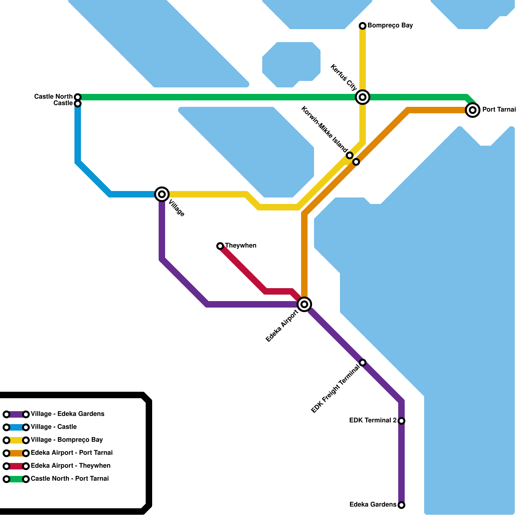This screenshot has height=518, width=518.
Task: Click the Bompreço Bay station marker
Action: pyautogui.click(x=363, y=26)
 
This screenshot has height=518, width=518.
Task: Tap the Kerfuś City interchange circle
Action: pyautogui.click(x=363, y=97)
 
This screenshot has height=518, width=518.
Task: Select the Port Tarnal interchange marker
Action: pyautogui.click(x=473, y=110)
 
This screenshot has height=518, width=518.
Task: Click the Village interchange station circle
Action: pyautogui.click(x=162, y=194)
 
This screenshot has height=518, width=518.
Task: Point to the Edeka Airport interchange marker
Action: pyautogui.click(x=304, y=304)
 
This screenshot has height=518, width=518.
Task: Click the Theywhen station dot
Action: pyautogui.click(x=220, y=246)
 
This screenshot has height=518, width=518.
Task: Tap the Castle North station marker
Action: pyautogui.click(x=78, y=97)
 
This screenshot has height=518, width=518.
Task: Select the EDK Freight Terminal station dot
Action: pyautogui.click(x=363, y=362)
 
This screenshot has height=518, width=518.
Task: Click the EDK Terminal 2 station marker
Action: pyautogui.click(x=401, y=421)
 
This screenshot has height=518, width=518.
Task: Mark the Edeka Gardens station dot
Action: pyautogui.click(x=401, y=505)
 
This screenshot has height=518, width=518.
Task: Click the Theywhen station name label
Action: pyautogui.click(x=241, y=246)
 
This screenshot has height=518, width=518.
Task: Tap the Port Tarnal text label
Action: pyautogui.click(x=499, y=110)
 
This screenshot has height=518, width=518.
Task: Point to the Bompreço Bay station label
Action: pyautogui.click(x=390, y=26)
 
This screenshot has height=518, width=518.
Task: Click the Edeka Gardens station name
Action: pyautogui.click(x=373, y=505)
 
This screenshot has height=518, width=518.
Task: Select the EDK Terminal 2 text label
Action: pyautogui.click(x=373, y=421)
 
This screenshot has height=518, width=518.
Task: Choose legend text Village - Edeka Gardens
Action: pyautogui.click(x=67, y=414)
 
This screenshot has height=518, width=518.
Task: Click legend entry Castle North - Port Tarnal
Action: pyautogui.click(x=70, y=479)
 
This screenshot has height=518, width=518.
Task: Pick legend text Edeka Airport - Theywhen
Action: pyautogui.click(x=71, y=466)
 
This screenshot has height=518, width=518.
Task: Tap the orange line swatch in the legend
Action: pyautogui.click(x=16, y=453)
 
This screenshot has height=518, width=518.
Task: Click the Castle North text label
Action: pyautogui.click(x=53, y=97)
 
